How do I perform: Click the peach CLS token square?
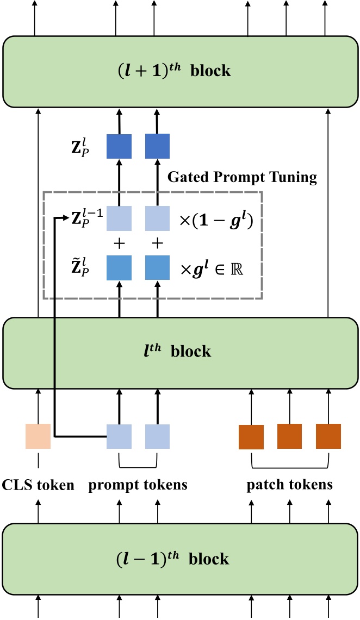point(38,436)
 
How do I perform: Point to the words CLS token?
point(38,485)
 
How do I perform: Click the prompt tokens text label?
point(138,485)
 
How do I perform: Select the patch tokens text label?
point(289,485)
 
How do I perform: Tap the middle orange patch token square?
point(289,436)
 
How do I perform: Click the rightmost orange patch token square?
point(328,436)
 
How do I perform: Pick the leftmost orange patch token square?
point(251,437)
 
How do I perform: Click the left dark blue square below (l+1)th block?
point(119,146)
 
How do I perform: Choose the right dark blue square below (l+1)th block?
point(158,146)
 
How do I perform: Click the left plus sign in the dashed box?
point(119,244)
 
